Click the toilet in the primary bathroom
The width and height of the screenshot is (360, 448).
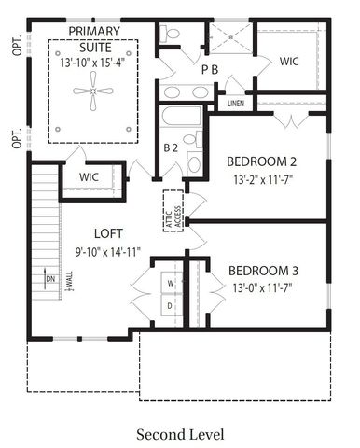click(x=172, y=34)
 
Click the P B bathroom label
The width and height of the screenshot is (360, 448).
click(x=210, y=70)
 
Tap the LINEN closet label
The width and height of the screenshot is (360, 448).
click(x=236, y=103)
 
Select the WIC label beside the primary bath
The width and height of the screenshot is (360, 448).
click(x=290, y=62)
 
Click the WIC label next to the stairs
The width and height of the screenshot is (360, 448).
click(x=90, y=176)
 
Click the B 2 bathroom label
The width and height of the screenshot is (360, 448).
click(x=172, y=147)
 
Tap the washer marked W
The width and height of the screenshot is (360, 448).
click(x=170, y=281)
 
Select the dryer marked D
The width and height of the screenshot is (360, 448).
click(x=170, y=305)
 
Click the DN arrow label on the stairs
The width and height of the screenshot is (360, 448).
click(x=49, y=277)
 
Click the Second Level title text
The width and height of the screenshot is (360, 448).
click(x=180, y=434)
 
